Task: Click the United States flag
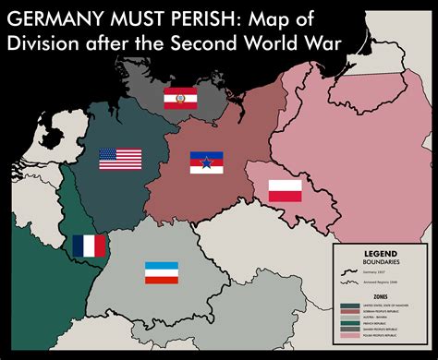click(121, 159)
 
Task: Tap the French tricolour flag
click(90, 246)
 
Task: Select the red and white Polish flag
click(286, 191)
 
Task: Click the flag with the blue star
click(207, 163)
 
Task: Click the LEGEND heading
click(381, 254)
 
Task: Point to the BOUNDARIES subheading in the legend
click(381, 262)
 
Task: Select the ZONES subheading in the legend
click(381, 297)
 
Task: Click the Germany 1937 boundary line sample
click(349, 272)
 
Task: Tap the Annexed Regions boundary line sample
click(349, 282)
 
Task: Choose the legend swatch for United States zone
click(350, 306)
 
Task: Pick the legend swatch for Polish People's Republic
click(350, 335)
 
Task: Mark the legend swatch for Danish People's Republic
click(350, 330)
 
